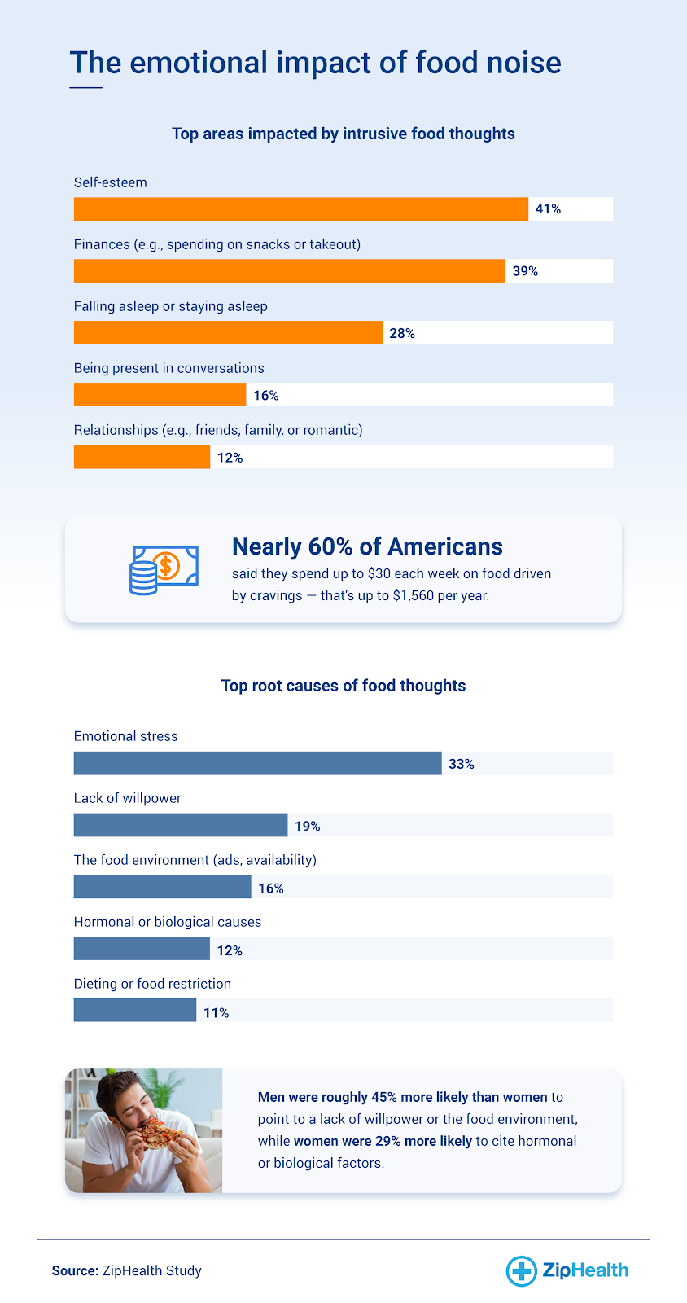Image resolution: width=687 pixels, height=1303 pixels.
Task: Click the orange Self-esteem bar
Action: pyautogui.click(x=300, y=209)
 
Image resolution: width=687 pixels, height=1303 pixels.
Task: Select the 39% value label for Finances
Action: pyautogui.click(x=525, y=271)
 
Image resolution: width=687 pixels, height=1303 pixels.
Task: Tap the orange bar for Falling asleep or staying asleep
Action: pyautogui.click(x=228, y=333)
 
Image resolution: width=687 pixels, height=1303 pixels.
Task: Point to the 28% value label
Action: pyautogui.click(x=402, y=333)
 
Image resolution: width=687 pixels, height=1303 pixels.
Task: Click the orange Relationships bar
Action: pyautogui.click(x=142, y=457)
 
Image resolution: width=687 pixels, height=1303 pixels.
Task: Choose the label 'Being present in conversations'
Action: pyautogui.click(x=168, y=368)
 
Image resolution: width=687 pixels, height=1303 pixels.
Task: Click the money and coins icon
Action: pyautogui.click(x=164, y=569)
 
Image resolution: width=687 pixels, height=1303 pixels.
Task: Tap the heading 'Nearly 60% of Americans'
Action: pyautogui.click(x=367, y=546)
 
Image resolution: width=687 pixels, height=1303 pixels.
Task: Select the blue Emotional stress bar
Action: pyautogui.click(x=257, y=763)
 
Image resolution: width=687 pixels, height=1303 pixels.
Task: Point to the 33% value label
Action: pyautogui.click(x=461, y=764)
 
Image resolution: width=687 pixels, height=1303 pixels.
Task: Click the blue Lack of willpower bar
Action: pyautogui.click(x=180, y=825)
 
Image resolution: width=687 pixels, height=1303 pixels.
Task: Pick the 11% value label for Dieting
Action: pyautogui.click(x=216, y=1012)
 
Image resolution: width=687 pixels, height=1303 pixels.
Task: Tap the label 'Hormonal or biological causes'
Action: pyautogui.click(x=167, y=922)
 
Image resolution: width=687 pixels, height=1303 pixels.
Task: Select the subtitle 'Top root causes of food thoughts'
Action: pyautogui.click(x=343, y=686)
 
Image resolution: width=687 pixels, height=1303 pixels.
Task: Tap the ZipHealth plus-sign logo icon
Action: pyautogui.click(x=520, y=1270)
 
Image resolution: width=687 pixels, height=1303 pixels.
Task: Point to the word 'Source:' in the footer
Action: pyautogui.click(x=75, y=1270)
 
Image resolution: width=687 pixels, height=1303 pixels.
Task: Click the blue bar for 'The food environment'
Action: pyautogui.click(x=162, y=887)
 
